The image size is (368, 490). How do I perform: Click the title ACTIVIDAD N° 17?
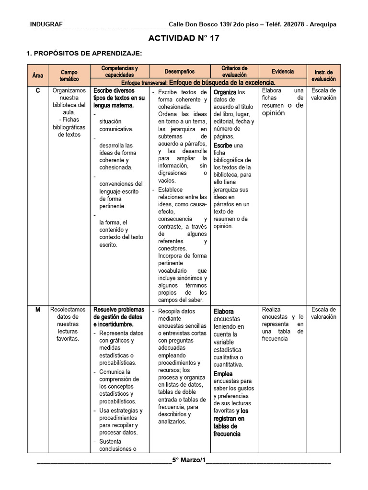point(184,39)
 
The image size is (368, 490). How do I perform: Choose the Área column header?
point(37,75)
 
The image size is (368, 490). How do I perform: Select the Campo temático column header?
point(69,75)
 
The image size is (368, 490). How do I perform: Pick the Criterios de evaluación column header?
point(234,72)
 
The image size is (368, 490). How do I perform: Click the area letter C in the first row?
point(37,90)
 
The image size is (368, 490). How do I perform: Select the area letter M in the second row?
point(37,310)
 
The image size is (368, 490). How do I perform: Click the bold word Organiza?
point(225,92)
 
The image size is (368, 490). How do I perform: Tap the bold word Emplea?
point(223,374)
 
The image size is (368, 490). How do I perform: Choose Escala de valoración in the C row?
point(323,94)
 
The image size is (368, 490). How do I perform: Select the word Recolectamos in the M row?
point(69,310)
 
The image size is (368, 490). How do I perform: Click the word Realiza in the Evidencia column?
point(271,310)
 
